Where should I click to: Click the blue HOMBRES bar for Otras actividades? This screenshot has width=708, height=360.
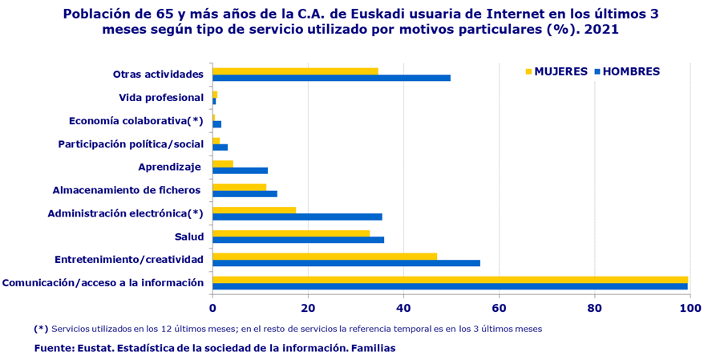[x=331, y=78]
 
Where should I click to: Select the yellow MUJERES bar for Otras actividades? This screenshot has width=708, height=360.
[x=295, y=71]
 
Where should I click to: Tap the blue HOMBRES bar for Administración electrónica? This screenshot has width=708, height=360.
[x=297, y=216]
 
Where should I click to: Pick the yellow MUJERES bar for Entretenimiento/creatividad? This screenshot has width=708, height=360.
[x=325, y=257]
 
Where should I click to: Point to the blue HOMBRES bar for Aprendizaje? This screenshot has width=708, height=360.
[x=240, y=170]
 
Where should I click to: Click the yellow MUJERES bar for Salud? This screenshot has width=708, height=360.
[x=291, y=233]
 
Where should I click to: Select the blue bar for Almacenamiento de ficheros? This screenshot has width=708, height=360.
[x=245, y=193]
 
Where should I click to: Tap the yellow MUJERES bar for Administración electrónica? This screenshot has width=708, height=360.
[x=254, y=210]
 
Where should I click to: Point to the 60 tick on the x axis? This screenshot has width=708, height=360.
[x=499, y=308]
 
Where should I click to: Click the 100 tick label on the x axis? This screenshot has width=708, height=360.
[x=689, y=308]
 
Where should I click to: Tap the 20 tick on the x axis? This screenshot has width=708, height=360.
[x=308, y=308]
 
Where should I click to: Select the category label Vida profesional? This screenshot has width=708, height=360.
[x=161, y=98]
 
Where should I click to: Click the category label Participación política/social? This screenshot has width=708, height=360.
[x=131, y=144]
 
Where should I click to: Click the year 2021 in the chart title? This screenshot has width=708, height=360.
[x=601, y=29]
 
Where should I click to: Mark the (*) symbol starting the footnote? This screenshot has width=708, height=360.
[x=41, y=329]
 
